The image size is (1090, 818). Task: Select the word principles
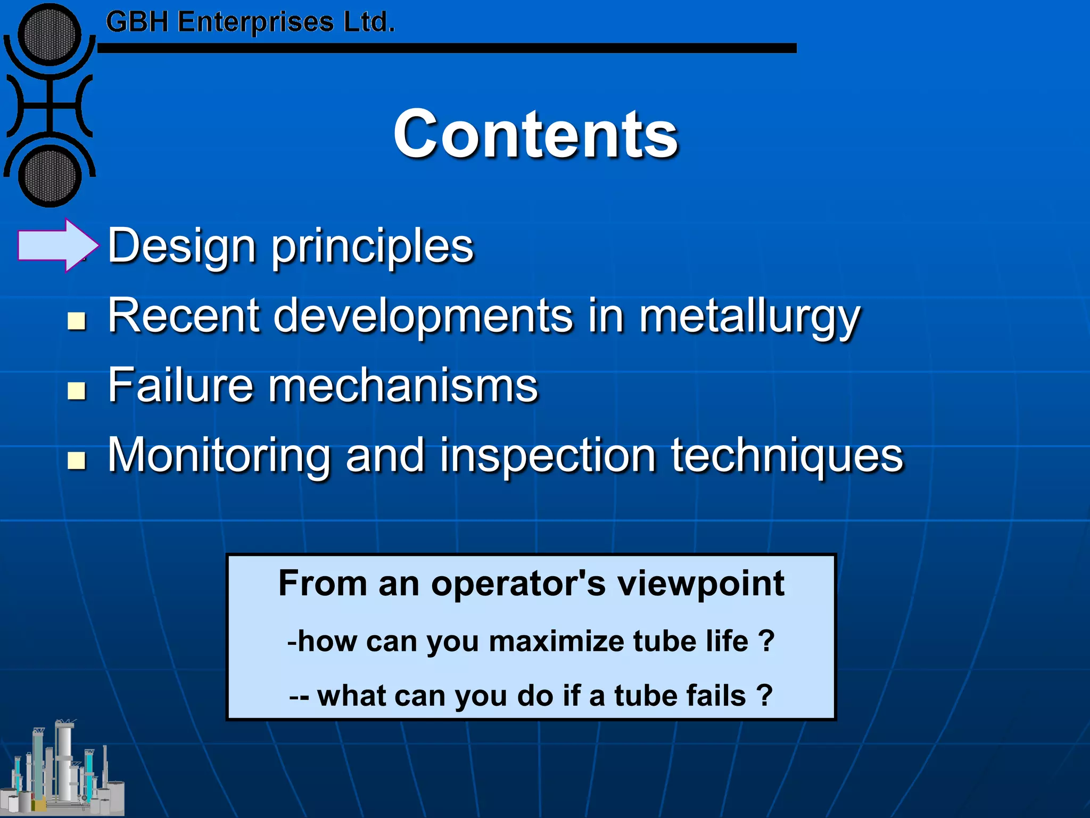[x=373, y=247]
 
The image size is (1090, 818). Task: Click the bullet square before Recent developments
[x=77, y=321]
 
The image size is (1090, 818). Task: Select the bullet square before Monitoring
[x=77, y=460]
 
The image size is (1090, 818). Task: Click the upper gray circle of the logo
[x=49, y=35]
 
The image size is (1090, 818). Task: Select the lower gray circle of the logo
[x=49, y=176]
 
